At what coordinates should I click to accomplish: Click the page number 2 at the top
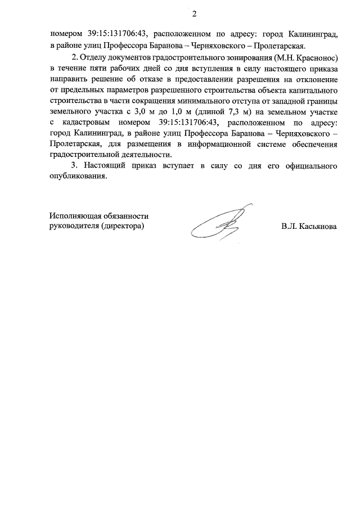point(195,12)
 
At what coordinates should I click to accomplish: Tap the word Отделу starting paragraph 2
point(96,57)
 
